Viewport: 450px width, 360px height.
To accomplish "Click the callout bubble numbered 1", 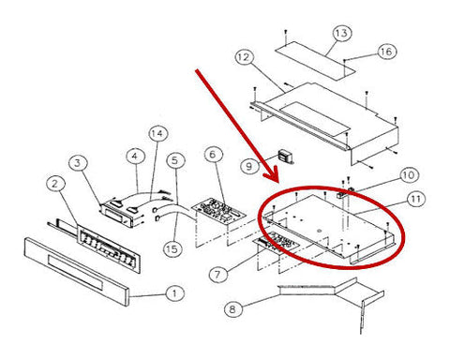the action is (174, 293).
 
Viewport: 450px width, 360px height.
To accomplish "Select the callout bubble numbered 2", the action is (55, 185).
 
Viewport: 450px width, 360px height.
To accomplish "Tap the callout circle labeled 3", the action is (78, 163).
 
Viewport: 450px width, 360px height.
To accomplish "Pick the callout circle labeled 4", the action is (136, 157).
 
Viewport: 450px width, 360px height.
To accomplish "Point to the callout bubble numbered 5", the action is (175, 160).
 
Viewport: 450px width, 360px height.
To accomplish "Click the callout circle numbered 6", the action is (213, 155).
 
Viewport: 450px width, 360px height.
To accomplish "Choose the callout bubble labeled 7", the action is (218, 275).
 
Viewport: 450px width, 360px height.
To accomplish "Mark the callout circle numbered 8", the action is (233, 309).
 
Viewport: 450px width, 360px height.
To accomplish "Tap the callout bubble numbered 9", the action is (250, 166).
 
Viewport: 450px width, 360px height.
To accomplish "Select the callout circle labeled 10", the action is (409, 175).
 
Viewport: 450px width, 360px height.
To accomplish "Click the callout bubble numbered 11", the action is (415, 199).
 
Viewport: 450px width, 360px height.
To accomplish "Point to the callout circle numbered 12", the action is (244, 57).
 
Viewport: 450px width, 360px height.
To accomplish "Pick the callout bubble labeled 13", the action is (342, 33).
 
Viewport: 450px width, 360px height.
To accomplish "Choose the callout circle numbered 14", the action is (157, 134).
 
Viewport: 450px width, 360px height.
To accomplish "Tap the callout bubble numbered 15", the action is (172, 249).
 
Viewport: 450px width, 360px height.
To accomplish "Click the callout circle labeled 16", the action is (387, 52).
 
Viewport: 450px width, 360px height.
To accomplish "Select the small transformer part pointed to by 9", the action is (285, 157).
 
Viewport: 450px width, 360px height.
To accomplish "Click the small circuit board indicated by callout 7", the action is (277, 242).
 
